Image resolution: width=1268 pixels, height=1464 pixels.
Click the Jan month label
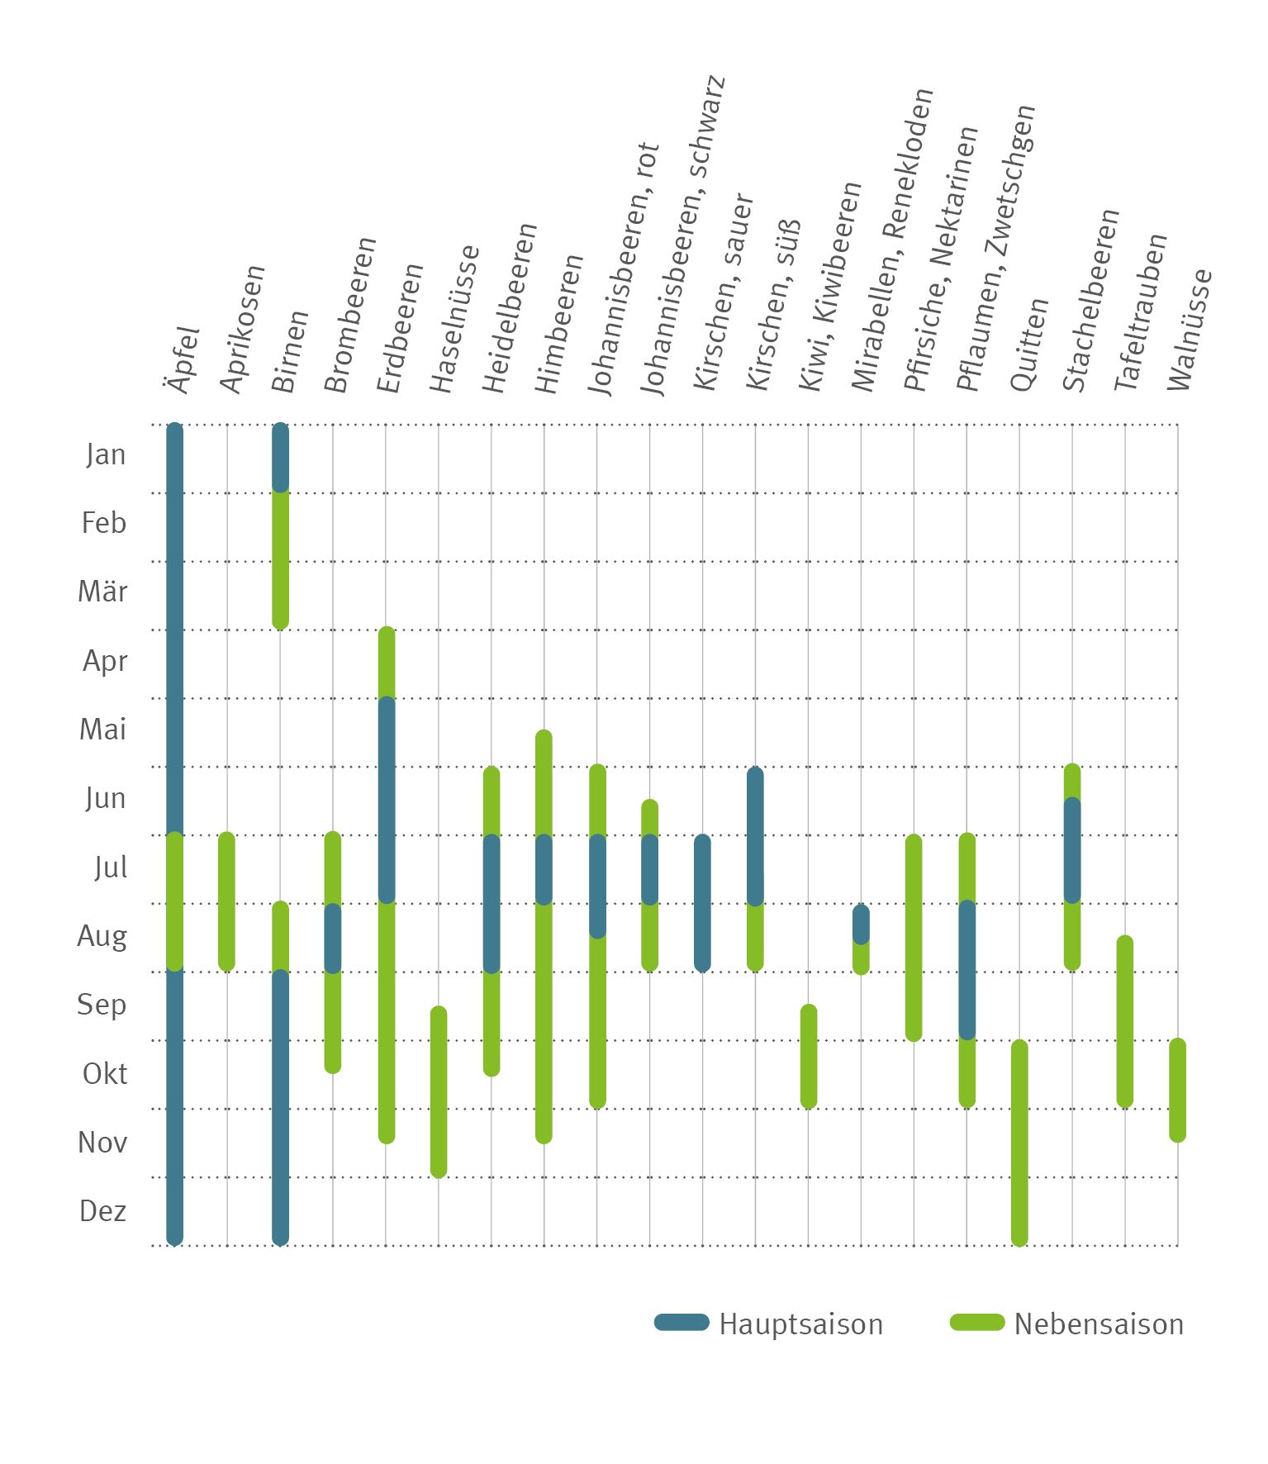pyautogui.click(x=106, y=454)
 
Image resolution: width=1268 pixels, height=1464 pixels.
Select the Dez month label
pyautogui.click(x=103, y=1211)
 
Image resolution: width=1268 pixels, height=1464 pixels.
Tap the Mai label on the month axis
pyautogui.click(x=103, y=730)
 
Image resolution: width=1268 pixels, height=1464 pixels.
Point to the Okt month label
pyautogui.click(x=105, y=1074)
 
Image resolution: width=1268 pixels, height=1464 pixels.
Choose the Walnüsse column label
pyautogui.click(x=1190, y=330)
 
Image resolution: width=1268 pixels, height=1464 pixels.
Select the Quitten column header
pyautogui.click(x=1029, y=345)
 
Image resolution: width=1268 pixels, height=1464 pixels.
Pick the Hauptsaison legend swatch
pyautogui.click(x=681, y=1323)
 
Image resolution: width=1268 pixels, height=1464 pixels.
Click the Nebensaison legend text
pyautogui.click(x=1099, y=1324)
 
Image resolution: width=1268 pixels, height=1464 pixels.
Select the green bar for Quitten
pyautogui.click(x=1020, y=1143)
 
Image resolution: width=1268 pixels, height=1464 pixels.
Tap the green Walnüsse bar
pyautogui.click(x=1178, y=1091)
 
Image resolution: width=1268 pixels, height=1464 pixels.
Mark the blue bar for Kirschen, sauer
pyautogui.click(x=702, y=903)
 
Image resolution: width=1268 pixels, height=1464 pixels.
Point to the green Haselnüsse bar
pyautogui.click(x=439, y=1091)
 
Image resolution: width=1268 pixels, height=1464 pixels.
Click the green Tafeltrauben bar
pyautogui.click(x=1125, y=1022)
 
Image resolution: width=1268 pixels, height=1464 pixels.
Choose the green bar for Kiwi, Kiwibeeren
pyautogui.click(x=809, y=1057)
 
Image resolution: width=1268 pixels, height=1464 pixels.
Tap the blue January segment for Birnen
pyautogui.click(x=281, y=458)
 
